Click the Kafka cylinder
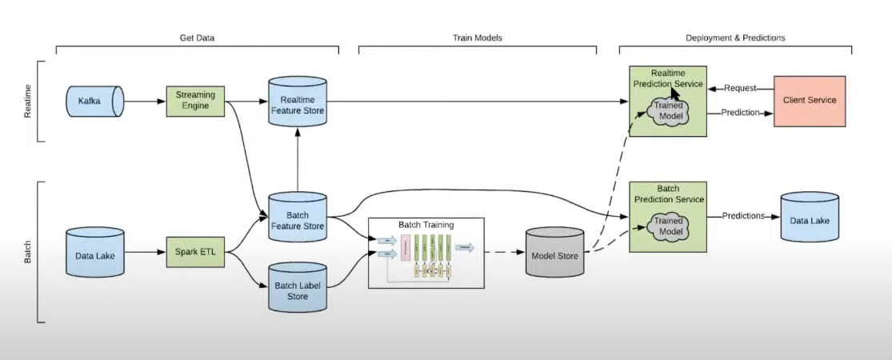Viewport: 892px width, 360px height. pos(94,102)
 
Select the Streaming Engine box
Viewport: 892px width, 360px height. pos(196,101)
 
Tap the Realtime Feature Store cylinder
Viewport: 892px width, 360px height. pos(297,102)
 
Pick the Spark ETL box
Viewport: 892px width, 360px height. pos(196,252)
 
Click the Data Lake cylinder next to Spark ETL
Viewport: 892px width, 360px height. pos(94,252)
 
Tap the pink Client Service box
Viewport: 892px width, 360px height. pos(809,100)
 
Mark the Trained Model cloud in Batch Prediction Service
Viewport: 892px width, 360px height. pos(668,226)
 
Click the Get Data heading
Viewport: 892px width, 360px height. pos(197,38)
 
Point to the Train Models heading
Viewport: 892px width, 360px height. pos(477,38)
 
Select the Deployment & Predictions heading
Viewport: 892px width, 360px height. pos(735,38)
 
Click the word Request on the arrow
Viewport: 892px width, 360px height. pos(740,86)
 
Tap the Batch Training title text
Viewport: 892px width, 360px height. pos(426,225)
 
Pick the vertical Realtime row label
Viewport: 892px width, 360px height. pos(29,101)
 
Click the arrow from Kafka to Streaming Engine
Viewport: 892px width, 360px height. pos(145,102)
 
